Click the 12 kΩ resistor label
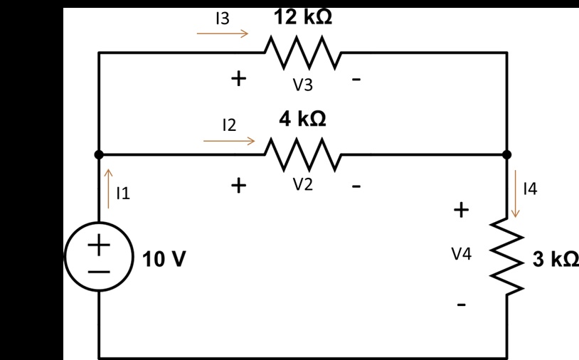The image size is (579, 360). click(x=303, y=17)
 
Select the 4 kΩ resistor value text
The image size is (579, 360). click(x=302, y=119)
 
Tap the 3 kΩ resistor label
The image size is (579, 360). click(x=556, y=258)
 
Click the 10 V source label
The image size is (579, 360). click(x=164, y=259)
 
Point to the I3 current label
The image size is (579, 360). click(x=223, y=18)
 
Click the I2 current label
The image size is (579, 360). click(x=229, y=125)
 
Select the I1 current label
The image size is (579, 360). click(x=123, y=193)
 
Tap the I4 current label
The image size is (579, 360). click(x=530, y=189)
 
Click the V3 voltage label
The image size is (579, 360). click(x=303, y=85)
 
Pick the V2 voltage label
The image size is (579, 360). click(x=303, y=184)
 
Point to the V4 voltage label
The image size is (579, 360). click(x=461, y=254)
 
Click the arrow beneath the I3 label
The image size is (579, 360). click(x=223, y=33)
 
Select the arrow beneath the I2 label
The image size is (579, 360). click(x=229, y=141)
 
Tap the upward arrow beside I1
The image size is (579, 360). click(x=109, y=189)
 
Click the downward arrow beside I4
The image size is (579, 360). click(x=516, y=194)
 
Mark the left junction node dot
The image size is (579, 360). click(x=99, y=154)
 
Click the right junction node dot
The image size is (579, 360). click(x=507, y=154)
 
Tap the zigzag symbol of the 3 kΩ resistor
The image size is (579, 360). click(x=507, y=257)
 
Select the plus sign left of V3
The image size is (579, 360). click(x=238, y=78)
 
